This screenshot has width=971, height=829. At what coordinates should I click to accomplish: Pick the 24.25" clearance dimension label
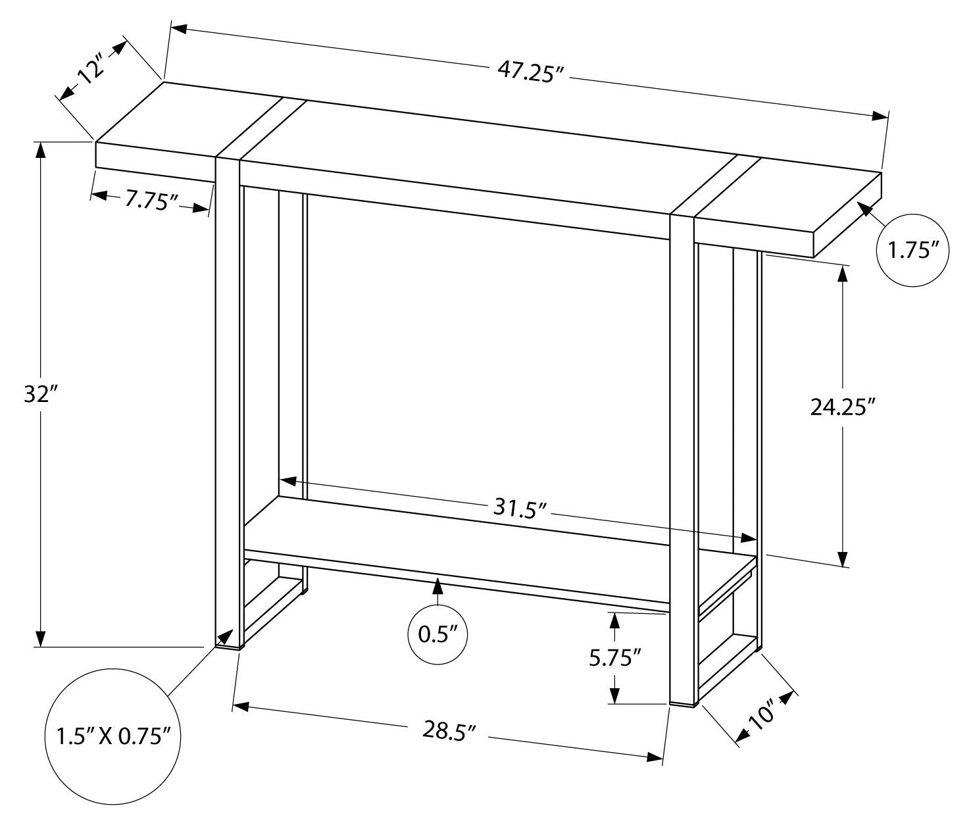coord(843,407)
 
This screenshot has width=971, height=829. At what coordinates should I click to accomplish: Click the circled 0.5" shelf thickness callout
coord(437,635)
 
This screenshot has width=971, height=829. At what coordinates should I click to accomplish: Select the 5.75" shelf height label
coord(614,657)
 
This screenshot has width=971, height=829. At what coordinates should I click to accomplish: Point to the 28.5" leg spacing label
coord(449,730)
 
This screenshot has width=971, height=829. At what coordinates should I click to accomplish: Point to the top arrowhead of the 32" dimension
coord(41,150)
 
